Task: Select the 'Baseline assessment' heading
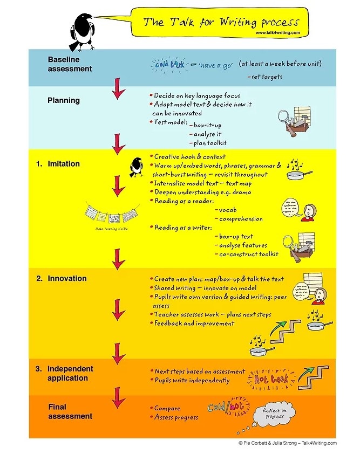tap(70, 64)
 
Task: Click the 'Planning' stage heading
tap(64, 100)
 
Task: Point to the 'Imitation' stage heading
tap(63, 163)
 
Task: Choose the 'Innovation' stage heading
tap(67, 279)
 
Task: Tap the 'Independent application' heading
tap(70, 373)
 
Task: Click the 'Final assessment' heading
tap(70, 411)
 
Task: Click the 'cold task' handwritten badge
tap(169, 64)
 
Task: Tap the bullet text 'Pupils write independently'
tap(192, 381)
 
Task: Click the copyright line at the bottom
tap(287, 443)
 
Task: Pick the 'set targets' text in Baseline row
tap(264, 77)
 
